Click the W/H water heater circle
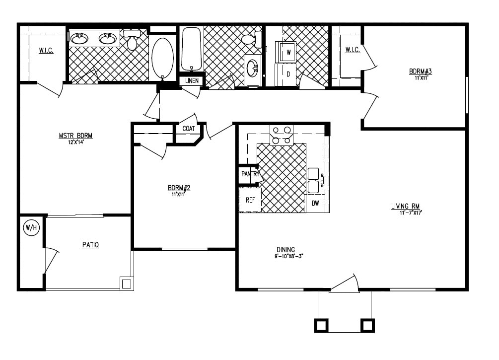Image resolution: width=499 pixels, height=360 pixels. pos(31,228)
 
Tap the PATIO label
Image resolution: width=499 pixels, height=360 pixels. pos(90,245)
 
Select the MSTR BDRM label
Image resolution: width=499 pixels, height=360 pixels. pos(76,136)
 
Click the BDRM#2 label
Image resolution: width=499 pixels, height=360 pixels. pos(179,188)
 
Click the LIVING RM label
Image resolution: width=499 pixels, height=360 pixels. pos(407,206)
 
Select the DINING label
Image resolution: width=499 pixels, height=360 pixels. pos(286,250)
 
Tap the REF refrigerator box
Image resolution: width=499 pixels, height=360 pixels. pos(250,200)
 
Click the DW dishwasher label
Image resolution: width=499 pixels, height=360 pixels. pos(315,203)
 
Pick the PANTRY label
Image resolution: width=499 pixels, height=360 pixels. pos(250,174)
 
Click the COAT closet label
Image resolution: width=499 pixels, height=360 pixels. pos(189,129)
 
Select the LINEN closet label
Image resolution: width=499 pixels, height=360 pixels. pos(192,81)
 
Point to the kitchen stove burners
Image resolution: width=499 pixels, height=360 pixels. pos(281,135)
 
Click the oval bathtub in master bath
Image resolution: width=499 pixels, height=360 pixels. pos(162,58)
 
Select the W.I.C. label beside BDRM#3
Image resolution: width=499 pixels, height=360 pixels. pos(353,50)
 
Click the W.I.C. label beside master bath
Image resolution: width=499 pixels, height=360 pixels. pos(46,51)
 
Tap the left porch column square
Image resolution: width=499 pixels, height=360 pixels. pos(321,325)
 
